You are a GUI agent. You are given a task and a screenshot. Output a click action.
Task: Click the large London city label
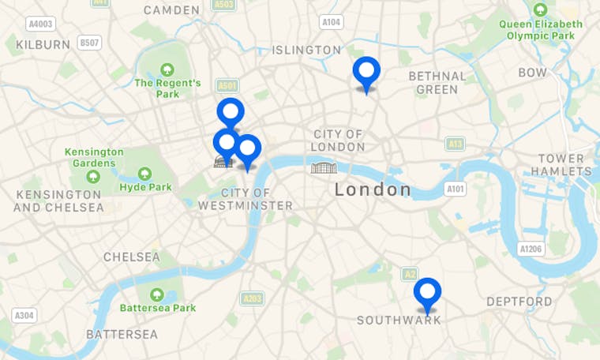[x=373, y=189]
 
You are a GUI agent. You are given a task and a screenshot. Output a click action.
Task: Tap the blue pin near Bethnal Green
[x=366, y=71]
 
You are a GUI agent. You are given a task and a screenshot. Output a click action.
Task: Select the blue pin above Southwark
[x=427, y=293]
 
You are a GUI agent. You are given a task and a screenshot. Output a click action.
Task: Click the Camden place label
[x=171, y=9]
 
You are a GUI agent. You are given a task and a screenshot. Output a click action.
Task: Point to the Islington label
[x=306, y=50]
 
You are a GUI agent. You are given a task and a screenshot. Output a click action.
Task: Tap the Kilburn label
[x=43, y=44]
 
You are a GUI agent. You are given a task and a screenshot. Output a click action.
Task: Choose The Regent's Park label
[x=167, y=88]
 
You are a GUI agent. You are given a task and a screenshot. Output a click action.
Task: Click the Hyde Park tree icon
[x=145, y=174]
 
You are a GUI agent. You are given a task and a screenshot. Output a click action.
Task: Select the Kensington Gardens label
[x=94, y=157]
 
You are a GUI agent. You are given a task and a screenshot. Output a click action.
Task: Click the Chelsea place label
[x=131, y=257]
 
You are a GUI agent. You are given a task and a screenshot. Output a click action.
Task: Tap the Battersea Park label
[x=158, y=307]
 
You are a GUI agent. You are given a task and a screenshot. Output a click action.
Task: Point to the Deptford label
[x=519, y=302]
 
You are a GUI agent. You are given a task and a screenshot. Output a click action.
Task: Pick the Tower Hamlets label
[x=561, y=165]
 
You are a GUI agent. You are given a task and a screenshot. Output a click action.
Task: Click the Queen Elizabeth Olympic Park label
[x=541, y=29]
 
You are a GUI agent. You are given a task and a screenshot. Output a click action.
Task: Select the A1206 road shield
[x=531, y=249]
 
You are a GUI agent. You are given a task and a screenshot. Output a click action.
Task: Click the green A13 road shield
[x=455, y=144]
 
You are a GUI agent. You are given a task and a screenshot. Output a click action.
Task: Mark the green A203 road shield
[x=252, y=298]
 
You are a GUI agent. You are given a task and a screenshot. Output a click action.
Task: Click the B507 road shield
[x=89, y=43]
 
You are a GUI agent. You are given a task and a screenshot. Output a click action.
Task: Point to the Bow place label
[x=532, y=73]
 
